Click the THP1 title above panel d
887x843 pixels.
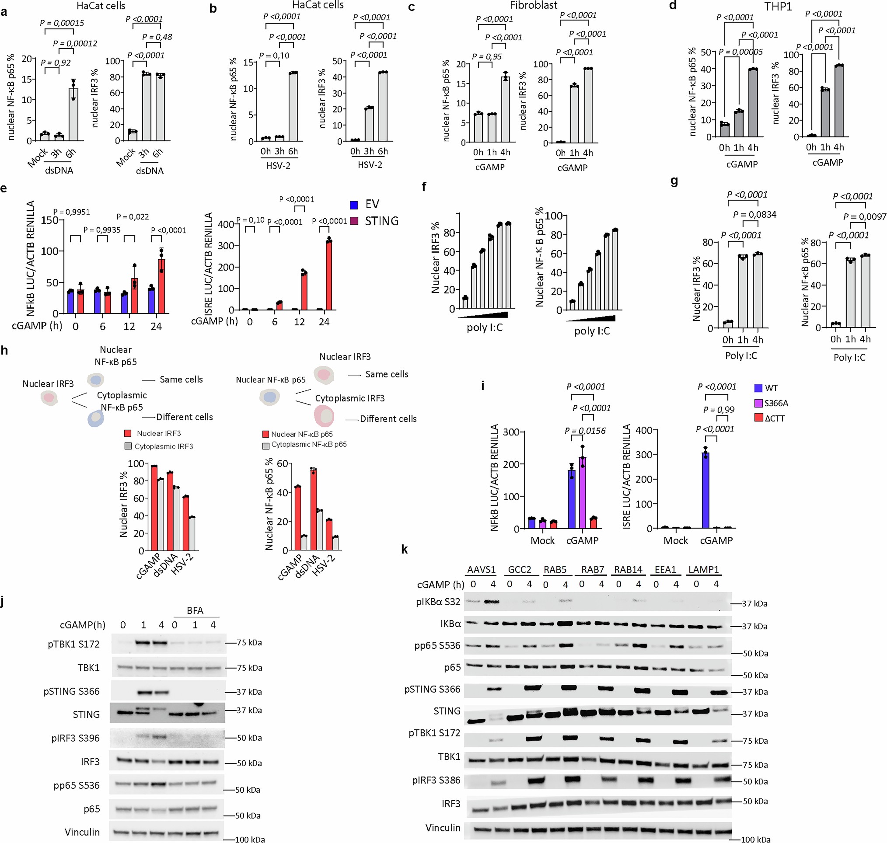[778, 6]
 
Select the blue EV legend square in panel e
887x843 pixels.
[354, 205]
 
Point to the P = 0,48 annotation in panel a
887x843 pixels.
[157, 37]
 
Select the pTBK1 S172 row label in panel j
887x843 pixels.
[73, 644]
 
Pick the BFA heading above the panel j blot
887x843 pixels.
[195, 610]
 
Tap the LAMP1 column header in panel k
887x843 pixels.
[703, 569]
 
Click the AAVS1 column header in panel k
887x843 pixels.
[481, 569]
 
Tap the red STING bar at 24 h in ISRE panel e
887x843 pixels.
[328, 275]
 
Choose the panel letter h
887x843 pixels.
[4, 350]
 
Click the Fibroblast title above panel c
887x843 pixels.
[533, 5]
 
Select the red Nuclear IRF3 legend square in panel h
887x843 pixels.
[128, 433]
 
